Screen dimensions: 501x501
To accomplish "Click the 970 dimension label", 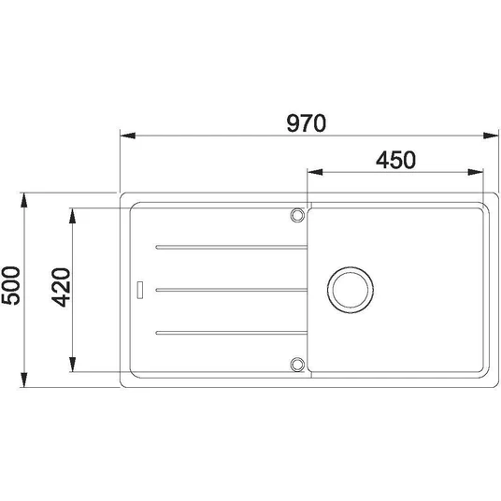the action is [x=306, y=123].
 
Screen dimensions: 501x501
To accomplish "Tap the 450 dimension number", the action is [x=396, y=160].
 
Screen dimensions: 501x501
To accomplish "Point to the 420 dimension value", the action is [x=61, y=288].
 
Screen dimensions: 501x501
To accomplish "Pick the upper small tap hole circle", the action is [x=297, y=215].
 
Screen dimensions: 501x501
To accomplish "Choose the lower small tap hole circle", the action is [x=297, y=365].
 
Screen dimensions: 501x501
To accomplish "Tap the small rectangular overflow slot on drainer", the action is [x=140, y=290].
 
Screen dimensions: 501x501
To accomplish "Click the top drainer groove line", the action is [x=231, y=248].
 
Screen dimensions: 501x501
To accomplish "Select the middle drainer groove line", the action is [x=231, y=290].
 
